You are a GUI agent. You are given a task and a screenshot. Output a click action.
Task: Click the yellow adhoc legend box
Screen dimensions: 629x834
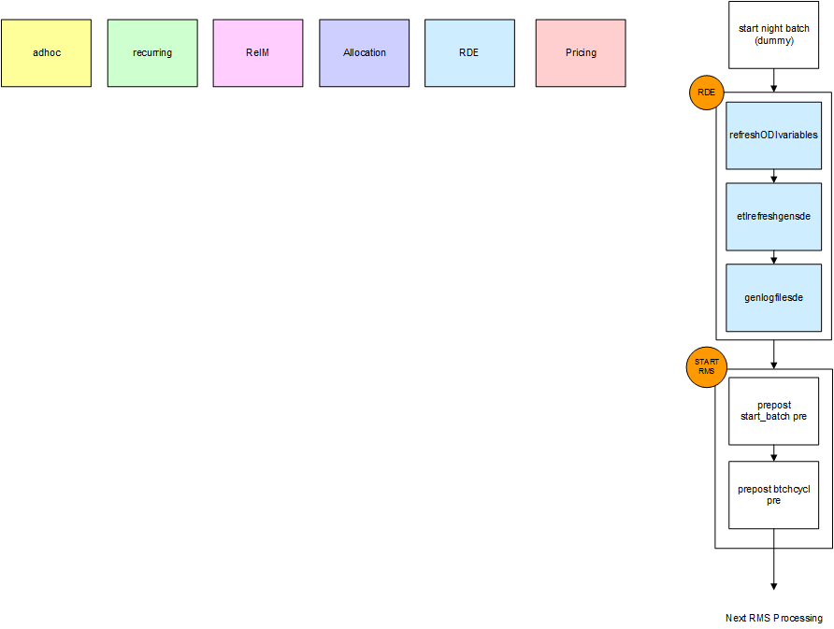[46, 53]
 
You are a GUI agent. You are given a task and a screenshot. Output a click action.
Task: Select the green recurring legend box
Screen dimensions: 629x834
[152, 53]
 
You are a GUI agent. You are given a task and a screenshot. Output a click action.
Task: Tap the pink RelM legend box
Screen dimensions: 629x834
[258, 53]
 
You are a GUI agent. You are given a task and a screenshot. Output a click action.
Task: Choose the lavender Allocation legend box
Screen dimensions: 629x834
[365, 53]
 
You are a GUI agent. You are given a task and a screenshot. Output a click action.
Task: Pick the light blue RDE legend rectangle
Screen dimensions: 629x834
[469, 53]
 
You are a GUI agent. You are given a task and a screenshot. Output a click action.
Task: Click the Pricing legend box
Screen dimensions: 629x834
[581, 53]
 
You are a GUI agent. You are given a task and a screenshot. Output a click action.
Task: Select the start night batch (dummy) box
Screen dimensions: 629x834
[773, 35]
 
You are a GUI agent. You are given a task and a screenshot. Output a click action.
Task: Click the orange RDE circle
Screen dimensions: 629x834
[706, 93]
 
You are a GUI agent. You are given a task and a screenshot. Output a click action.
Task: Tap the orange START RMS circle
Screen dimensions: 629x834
[706, 365]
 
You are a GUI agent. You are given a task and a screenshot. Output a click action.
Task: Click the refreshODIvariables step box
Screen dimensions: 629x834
[773, 136]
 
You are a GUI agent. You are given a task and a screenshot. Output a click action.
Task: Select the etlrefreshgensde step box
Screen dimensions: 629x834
[773, 217]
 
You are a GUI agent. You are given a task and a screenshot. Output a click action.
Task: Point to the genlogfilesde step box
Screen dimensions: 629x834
[773, 298]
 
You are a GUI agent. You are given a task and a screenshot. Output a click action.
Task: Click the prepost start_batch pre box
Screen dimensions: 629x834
[773, 411]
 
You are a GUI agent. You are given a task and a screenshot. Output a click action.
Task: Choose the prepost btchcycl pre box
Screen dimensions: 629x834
[773, 495]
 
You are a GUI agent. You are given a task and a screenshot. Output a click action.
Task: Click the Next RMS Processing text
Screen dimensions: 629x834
[773, 618]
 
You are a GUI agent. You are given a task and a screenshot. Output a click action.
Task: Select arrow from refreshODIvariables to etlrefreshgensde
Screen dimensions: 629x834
[773, 176]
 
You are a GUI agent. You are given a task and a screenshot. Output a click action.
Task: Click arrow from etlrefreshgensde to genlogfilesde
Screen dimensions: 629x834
[773, 257]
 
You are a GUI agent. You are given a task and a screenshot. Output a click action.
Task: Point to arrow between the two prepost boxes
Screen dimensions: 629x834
[773, 453]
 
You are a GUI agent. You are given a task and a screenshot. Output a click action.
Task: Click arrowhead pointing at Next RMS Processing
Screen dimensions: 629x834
[773, 586]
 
